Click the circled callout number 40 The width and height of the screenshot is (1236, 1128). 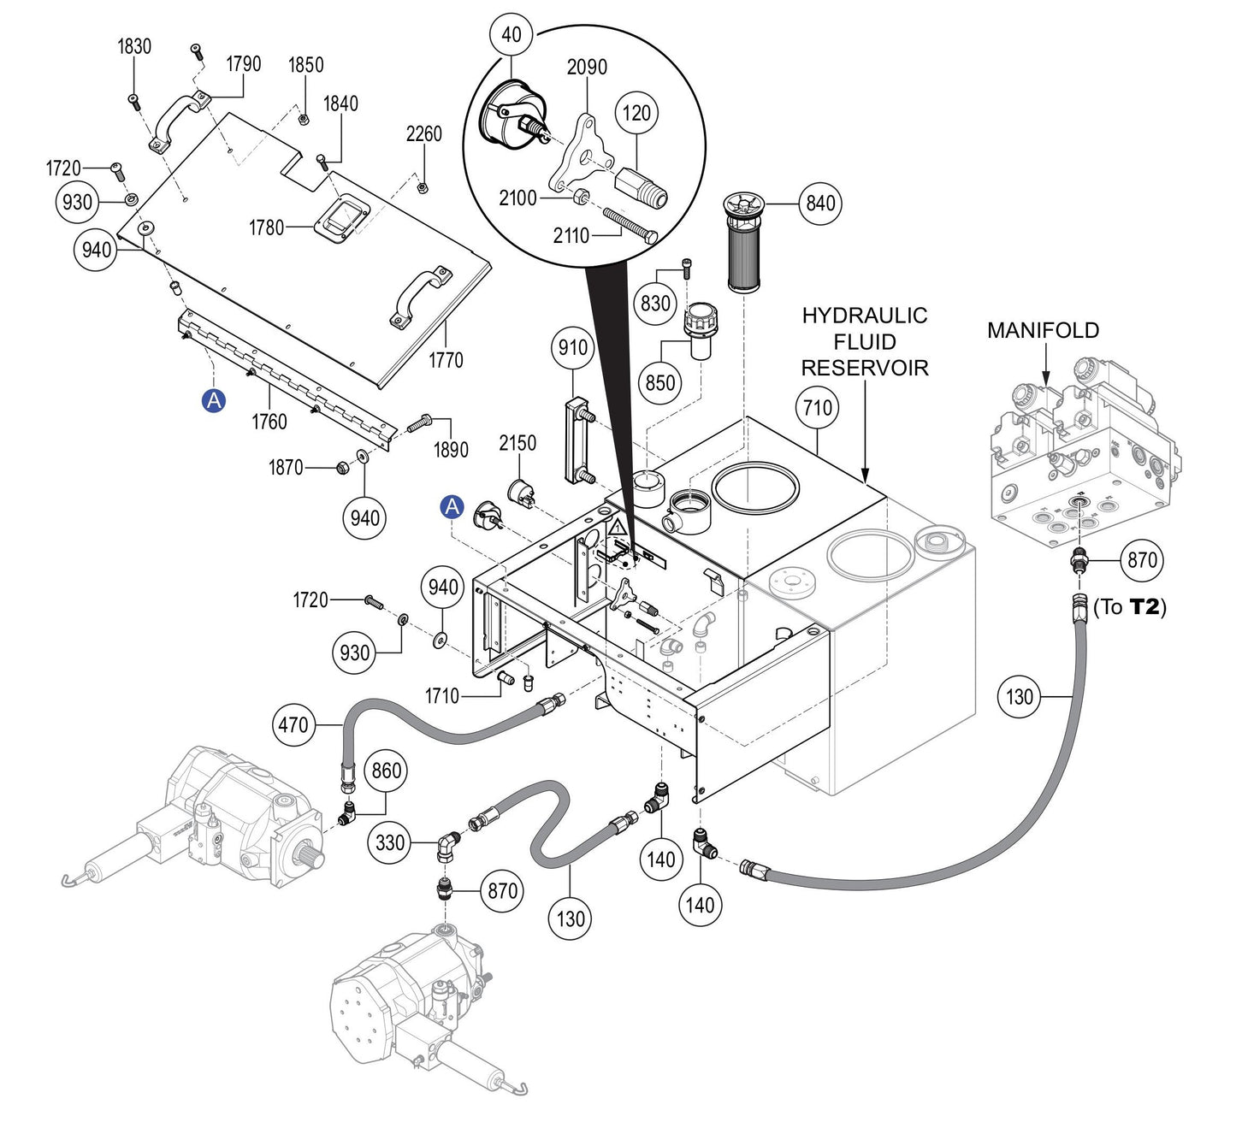512,35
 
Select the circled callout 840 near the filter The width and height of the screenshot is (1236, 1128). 820,204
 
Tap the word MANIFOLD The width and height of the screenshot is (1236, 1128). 1043,330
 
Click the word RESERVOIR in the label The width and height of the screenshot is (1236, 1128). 864,368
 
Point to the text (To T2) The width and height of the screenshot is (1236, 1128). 1129,607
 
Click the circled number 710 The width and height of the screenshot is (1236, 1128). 818,408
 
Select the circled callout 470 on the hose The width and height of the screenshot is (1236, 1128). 293,725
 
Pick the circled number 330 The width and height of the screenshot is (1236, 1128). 390,842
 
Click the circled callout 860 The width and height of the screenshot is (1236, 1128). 386,771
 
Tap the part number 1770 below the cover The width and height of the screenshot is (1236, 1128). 446,360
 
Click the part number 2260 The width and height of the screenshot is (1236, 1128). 423,134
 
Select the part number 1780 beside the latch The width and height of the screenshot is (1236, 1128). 266,227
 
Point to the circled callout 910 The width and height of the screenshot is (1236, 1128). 573,347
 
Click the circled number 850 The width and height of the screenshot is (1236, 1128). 659,382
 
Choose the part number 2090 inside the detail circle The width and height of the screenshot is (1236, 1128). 587,67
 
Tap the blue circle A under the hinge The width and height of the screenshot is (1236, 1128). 213,399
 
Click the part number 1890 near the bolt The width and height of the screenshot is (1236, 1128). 451,450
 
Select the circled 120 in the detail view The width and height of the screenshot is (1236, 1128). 636,113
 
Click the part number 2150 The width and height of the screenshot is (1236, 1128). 517,443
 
